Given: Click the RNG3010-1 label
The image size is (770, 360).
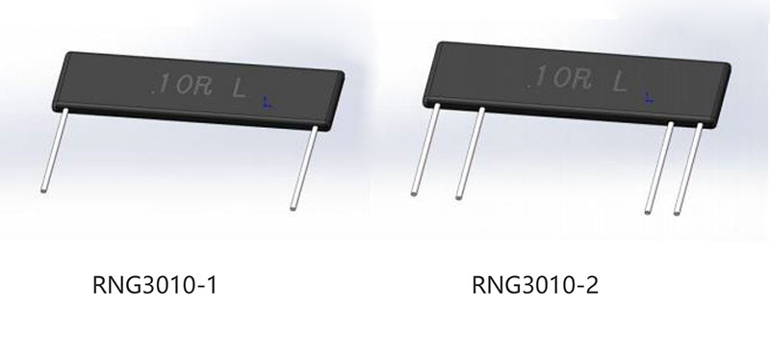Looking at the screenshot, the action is click(154, 285).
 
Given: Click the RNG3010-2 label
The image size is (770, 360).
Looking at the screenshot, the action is click(535, 285).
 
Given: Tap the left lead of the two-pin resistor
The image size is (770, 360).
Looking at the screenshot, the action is click(54, 150).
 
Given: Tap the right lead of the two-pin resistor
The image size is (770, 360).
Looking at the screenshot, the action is click(304, 167).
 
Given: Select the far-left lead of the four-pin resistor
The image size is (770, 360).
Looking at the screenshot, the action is click(425, 149).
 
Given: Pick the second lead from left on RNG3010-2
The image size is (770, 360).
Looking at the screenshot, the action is click(471, 153).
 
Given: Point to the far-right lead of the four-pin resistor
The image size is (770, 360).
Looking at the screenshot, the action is click(688, 168).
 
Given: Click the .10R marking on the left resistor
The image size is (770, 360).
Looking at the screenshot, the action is click(182, 87).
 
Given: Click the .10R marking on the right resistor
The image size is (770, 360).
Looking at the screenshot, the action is click(558, 79).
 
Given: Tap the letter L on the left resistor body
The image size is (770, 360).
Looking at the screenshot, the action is click(239, 89).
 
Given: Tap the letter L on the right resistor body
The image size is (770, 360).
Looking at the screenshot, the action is click(620, 83).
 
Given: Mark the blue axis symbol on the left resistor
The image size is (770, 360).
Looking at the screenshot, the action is click(267, 103).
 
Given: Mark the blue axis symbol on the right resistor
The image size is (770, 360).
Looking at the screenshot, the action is click(649, 98).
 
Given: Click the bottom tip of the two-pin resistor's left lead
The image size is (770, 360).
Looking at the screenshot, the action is click(43, 190).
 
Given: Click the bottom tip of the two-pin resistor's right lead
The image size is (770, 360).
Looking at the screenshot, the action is click(294, 208).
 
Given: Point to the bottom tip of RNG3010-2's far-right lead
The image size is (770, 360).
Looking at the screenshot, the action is click(678, 213).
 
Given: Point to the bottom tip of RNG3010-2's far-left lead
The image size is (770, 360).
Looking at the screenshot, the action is click(415, 193).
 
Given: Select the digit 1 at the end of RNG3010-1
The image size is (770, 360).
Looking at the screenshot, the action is click(212, 285).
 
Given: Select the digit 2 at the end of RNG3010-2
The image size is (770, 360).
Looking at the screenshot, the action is click(593, 285).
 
